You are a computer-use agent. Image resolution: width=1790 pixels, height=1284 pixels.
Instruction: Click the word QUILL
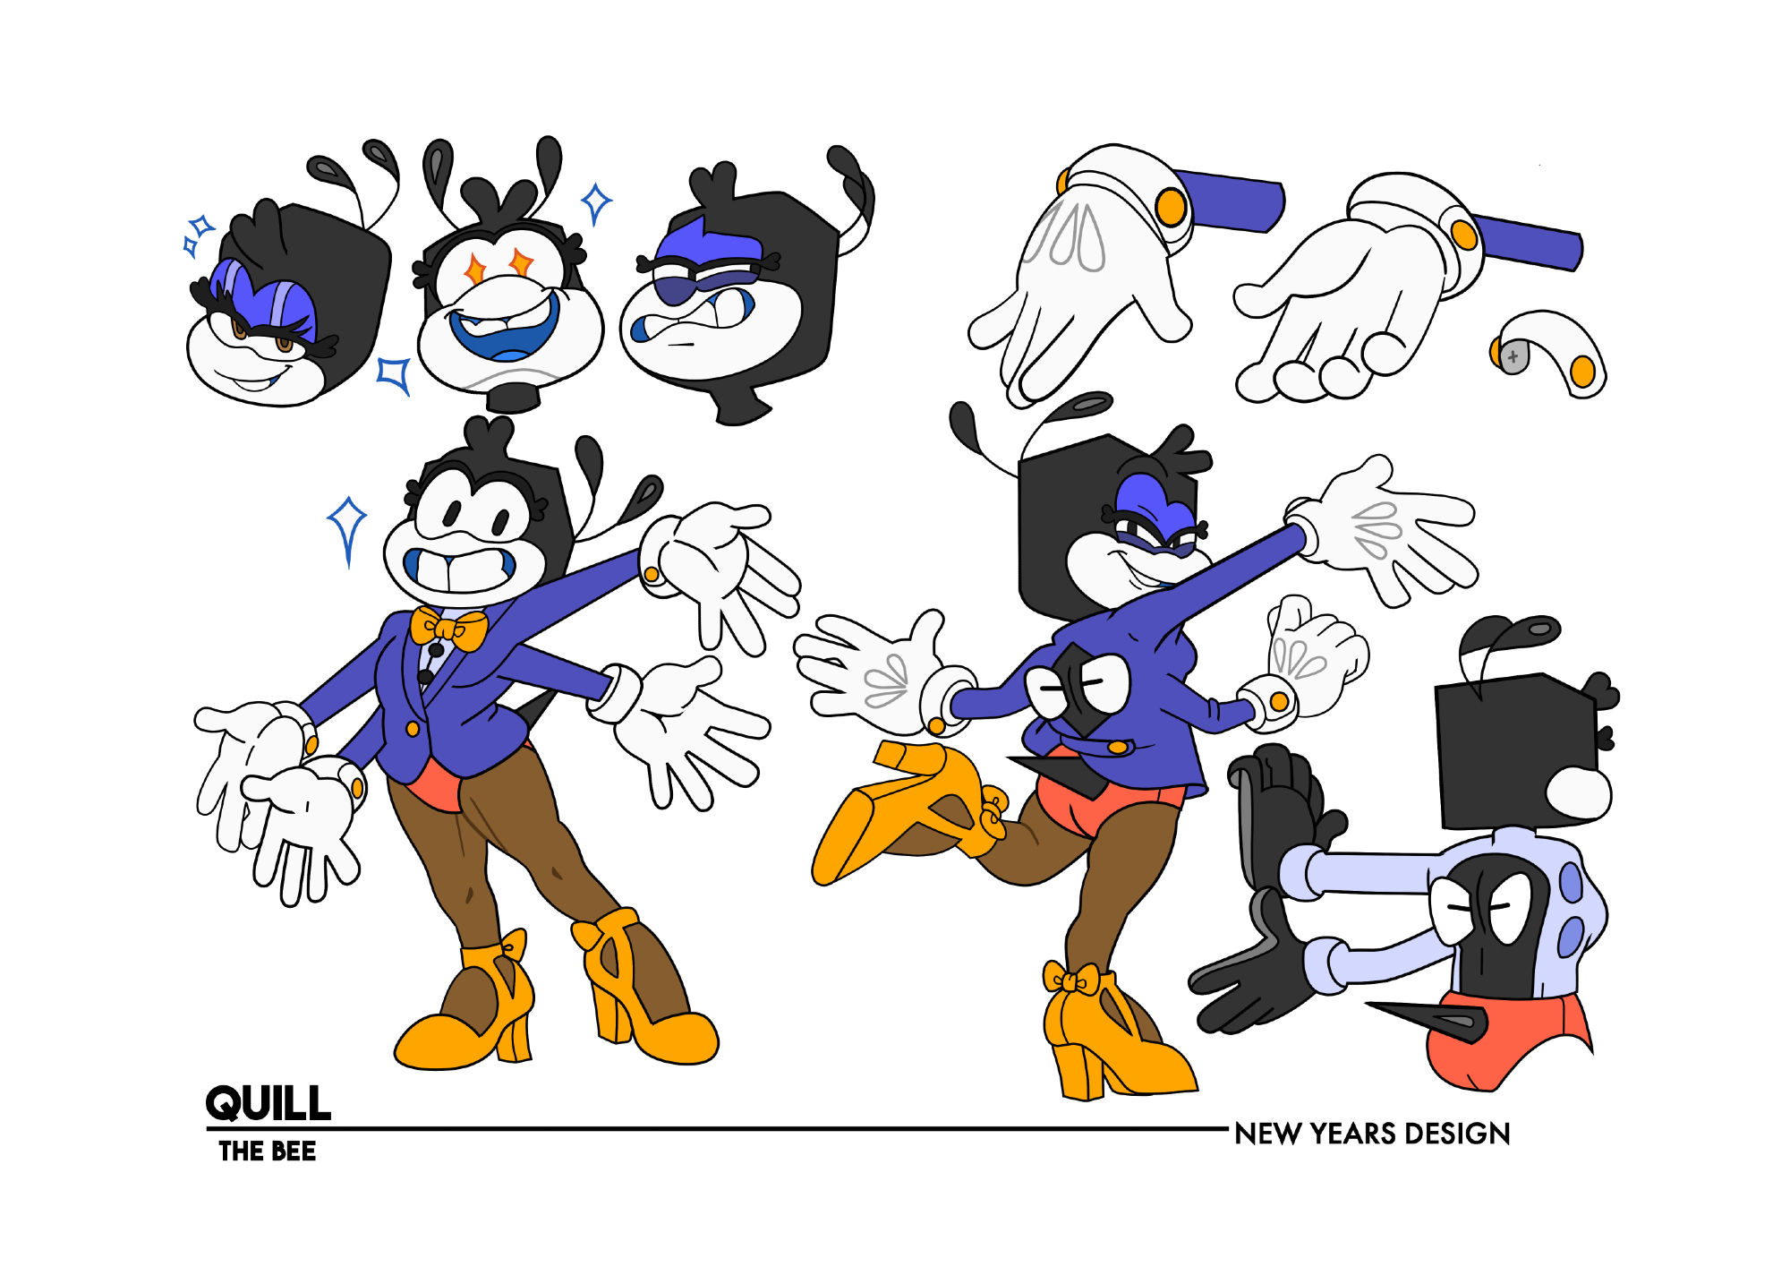(268, 1102)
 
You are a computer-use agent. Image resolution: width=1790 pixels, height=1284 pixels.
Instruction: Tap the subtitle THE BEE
(268, 1151)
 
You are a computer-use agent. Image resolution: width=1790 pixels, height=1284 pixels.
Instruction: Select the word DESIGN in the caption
(1457, 1134)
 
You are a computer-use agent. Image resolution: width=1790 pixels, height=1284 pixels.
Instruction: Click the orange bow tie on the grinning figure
(448, 628)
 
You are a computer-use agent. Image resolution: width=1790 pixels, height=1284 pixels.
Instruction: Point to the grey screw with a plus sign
(1512, 356)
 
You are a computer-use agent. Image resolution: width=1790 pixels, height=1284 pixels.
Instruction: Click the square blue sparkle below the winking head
(394, 374)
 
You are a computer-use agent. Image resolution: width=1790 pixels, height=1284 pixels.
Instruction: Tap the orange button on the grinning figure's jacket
(413, 729)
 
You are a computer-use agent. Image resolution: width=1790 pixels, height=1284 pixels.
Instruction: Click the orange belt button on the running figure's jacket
(1118, 747)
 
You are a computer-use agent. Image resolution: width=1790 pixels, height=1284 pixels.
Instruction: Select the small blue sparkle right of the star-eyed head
(596, 203)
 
